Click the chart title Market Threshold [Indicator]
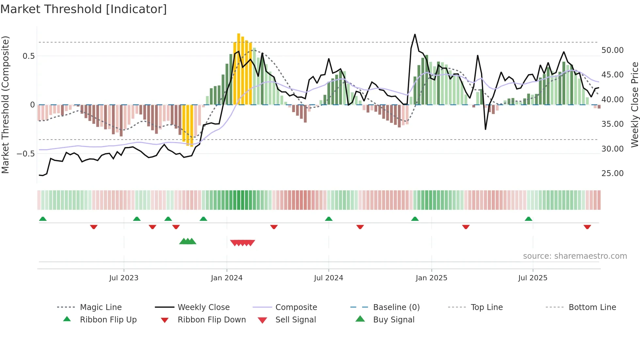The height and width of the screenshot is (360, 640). tap(84, 9)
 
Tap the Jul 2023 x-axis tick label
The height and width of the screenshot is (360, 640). tap(124, 278)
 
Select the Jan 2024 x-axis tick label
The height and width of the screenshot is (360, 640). tap(227, 278)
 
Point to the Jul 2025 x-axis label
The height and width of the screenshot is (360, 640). tap(533, 278)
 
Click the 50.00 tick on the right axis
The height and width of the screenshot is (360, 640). tap(612, 50)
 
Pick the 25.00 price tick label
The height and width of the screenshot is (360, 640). tap(612, 173)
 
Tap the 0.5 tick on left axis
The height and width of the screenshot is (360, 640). tap(28, 56)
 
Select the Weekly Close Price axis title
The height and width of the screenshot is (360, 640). tap(634, 105)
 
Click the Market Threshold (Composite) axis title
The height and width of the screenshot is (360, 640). tap(5, 105)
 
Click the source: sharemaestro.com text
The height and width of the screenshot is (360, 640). tap(575, 256)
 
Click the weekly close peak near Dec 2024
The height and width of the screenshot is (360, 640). tap(415, 34)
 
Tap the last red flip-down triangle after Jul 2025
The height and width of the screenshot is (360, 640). tap(587, 227)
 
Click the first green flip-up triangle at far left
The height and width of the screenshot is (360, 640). tap(43, 219)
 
